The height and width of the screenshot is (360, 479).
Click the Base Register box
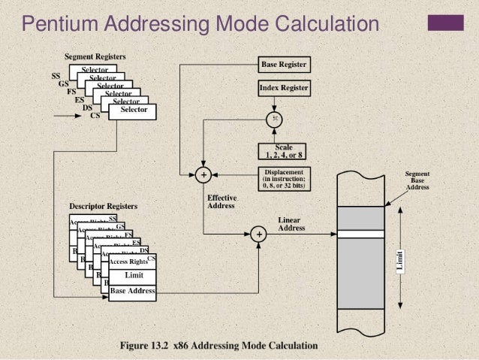pos(284,65)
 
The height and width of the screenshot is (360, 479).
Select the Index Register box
pos(284,88)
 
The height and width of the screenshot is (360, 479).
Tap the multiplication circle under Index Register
pos(276,118)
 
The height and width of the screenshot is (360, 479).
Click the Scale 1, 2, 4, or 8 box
pos(284,150)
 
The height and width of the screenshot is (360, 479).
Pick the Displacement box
pos(284,179)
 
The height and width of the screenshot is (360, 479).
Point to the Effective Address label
pos(221,202)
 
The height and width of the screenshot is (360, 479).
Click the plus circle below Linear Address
pos(260,234)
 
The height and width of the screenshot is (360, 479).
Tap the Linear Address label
pos(291,223)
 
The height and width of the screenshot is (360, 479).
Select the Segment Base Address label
pos(417,180)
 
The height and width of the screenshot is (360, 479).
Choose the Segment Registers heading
pos(95,56)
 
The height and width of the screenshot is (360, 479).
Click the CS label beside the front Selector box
pos(95,116)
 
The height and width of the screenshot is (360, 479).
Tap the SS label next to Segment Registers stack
pos(56,76)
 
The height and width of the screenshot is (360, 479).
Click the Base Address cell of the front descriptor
pos(133,290)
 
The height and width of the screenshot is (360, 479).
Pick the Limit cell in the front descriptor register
pos(133,276)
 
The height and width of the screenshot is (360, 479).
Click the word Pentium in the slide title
pos(58,26)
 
